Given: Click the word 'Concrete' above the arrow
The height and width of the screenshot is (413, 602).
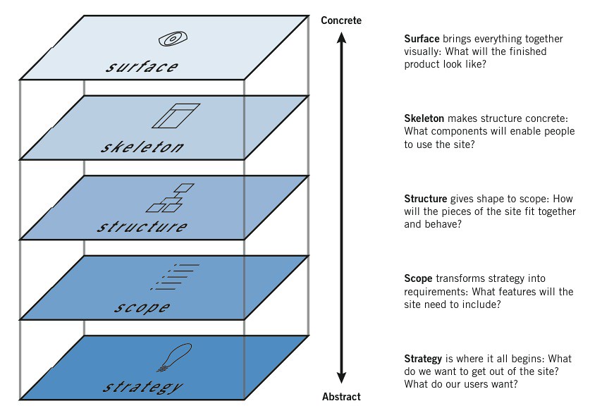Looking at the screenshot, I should coord(340,20).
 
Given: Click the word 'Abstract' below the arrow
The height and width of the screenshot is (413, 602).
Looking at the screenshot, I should coord(342,397).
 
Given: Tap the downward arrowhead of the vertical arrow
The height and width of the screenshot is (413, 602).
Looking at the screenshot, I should coord(342,379).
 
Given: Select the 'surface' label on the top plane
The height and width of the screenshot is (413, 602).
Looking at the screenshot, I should coord(142,67).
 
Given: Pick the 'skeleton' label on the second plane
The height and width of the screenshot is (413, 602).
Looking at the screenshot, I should coord(142,147).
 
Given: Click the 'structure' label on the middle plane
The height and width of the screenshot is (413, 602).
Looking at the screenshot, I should coord(142,227).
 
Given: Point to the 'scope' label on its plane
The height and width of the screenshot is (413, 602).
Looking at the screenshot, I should coord(142,307).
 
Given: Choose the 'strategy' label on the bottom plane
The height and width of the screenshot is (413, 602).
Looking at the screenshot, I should coord(142,387).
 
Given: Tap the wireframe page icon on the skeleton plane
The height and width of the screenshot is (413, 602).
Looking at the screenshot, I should coord(176,116).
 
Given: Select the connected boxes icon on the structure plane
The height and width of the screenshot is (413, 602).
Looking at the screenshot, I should coord(169,198).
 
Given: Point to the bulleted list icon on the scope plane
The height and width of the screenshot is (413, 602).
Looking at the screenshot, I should coord(176,276).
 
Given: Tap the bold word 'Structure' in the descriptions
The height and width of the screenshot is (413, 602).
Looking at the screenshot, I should coord(426,199).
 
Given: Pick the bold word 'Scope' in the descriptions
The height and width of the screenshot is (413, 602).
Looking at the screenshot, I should coord(419,278).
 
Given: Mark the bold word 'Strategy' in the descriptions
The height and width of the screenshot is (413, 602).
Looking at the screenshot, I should coord(424,359).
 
